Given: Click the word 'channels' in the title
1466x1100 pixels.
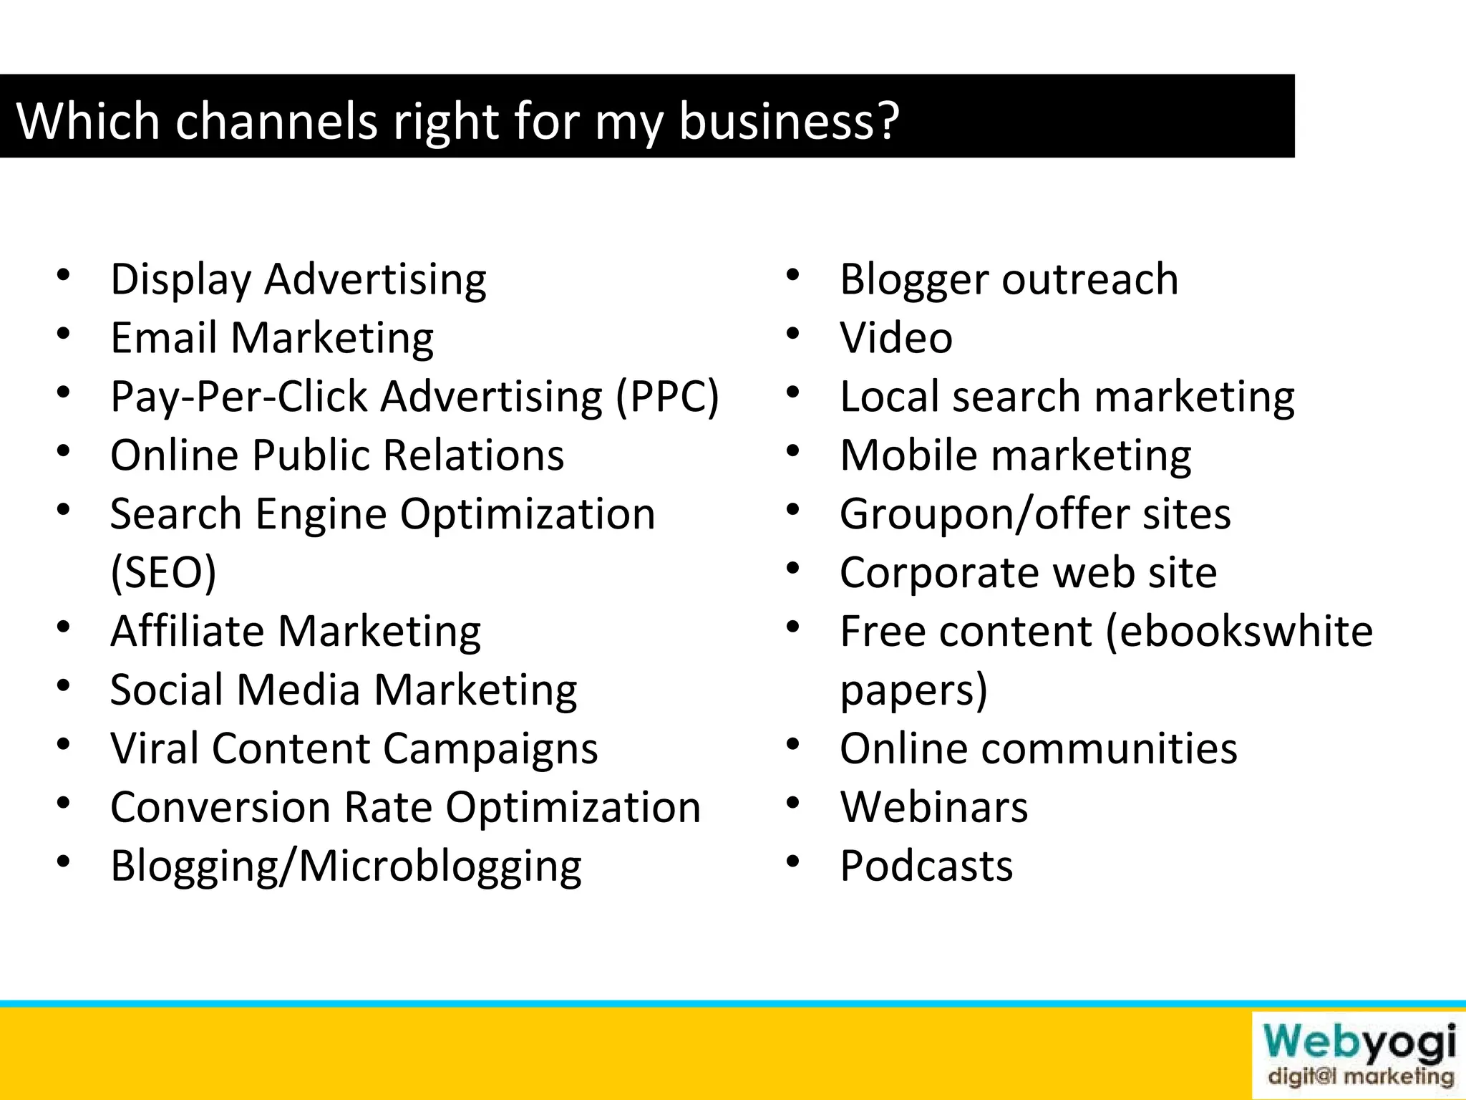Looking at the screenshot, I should click(276, 120).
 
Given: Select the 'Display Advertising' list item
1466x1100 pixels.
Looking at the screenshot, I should click(298, 279).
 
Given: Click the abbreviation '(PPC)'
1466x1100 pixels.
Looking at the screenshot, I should click(667, 397).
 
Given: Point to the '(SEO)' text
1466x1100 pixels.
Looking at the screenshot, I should click(163, 573).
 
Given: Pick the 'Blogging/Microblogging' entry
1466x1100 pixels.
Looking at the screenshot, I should click(346, 867).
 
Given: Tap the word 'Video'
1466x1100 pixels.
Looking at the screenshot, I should click(895, 338).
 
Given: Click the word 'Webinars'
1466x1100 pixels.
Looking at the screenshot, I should click(933, 808).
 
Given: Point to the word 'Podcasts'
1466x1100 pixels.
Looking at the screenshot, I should click(926, 867).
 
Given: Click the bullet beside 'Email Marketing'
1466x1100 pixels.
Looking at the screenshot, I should click(63, 333).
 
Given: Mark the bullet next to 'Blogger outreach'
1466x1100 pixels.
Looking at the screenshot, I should click(792, 274).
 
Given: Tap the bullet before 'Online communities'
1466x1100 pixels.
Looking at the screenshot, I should click(792, 744).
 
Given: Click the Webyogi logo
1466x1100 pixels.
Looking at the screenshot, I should click(1358, 1054).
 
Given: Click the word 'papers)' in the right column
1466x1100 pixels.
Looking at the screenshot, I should click(913, 690).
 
